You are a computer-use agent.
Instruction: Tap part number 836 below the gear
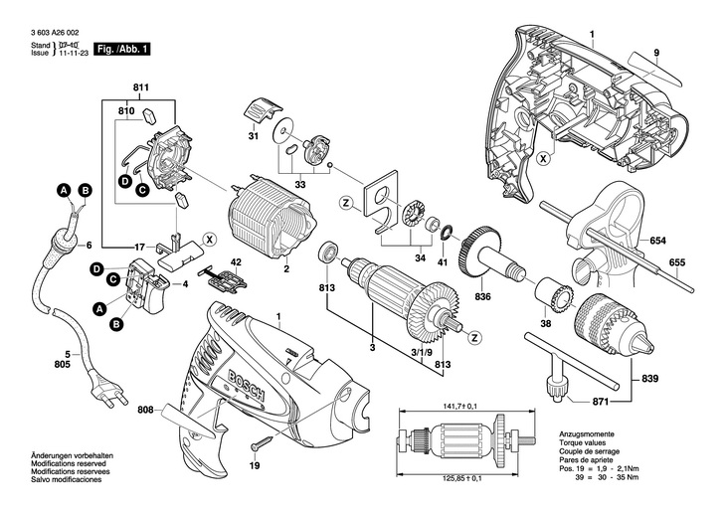[x=483, y=296]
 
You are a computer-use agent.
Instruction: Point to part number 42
[x=236, y=262]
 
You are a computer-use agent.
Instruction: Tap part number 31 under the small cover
[x=253, y=137]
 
